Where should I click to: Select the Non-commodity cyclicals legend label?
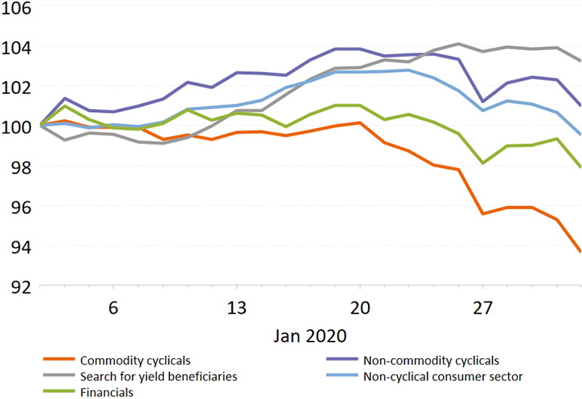point(431,360)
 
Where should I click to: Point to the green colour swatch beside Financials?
point(59,392)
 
